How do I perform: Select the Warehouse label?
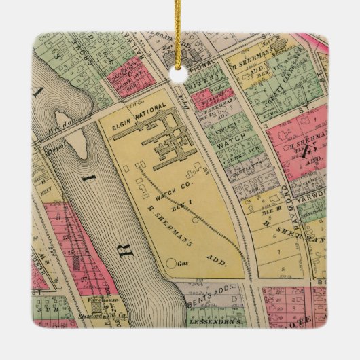tap(100, 299)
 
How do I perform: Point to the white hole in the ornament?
tap(179, 74)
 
